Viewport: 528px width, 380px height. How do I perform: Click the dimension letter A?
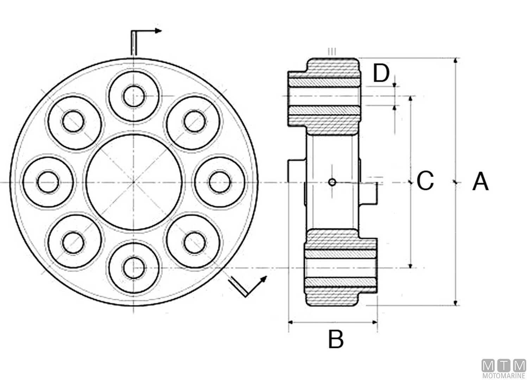pos(480,182)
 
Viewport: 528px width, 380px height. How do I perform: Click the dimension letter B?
pos(335,339)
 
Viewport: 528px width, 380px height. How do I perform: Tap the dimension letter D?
pos(381,74)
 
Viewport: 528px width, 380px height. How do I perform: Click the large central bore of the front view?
pos(134,182)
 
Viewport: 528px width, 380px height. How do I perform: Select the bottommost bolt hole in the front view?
pos(134,268)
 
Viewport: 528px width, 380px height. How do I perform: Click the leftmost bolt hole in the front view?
pos(48,182)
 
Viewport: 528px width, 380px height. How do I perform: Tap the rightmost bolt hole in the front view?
pos(220,182)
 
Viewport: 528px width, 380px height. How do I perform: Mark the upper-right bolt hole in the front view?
pos(194,122)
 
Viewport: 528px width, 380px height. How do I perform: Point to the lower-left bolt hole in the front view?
pos(73,242)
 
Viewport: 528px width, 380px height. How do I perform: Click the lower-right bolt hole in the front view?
pos(194,242)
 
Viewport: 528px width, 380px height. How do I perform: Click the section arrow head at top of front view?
pos(158,31)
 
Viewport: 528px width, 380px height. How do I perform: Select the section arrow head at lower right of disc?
pos(263,279)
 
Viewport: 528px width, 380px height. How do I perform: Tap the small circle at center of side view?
pos(332,182)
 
